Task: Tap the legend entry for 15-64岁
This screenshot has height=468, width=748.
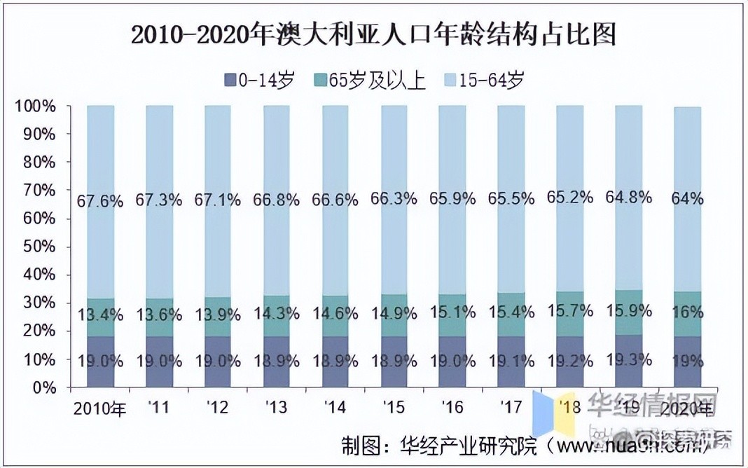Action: click(x=483, y=80)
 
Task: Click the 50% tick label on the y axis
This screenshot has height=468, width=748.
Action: click(x=42, y=247)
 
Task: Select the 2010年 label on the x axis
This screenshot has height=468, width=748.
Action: click(x=100, y=408)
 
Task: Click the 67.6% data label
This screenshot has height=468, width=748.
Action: click(x=100, y=202)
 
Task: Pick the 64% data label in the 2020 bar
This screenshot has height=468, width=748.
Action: click(x=687, y=199)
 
